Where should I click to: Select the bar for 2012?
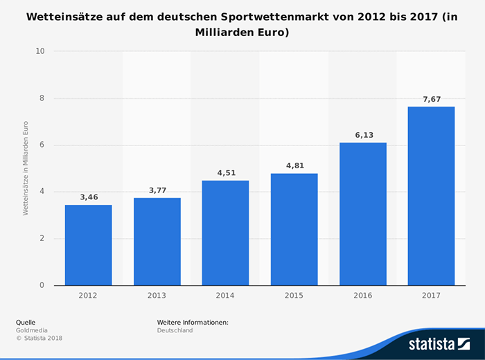point(89,245)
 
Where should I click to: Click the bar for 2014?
point(225,233)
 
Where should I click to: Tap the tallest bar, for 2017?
point(431,196)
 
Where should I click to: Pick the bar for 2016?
point(363,214)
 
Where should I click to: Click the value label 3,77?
point(158,190)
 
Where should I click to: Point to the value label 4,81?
point(295,165)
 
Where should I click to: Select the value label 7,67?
point(432,99)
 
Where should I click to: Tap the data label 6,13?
point(364,135)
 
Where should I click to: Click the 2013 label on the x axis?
point(157,296)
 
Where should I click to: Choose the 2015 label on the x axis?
point(294,296)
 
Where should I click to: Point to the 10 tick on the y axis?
point(40,51)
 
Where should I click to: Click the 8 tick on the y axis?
point(42,98)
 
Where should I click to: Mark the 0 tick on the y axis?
point(42,285)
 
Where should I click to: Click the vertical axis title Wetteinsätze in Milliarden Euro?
point(26,168)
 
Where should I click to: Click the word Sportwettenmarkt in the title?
point(274,17)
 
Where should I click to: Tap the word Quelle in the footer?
point(26,323)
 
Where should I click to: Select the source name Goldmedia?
point(32,330)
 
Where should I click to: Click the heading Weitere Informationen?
point(193,323)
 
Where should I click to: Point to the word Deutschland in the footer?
point(175,330)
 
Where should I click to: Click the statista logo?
point(439,344)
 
